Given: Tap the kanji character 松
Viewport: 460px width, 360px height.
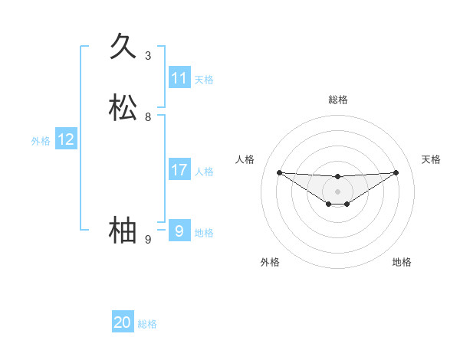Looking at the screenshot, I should (x=123, y=108).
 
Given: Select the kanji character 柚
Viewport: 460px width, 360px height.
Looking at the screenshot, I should (x=123, y=231).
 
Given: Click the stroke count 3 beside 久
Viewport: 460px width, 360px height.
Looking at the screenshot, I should (x=148, y=56).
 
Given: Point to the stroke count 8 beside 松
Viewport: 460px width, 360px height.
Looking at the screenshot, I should (x=148, y=117).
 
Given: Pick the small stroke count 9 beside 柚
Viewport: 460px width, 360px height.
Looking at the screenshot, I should (x=148, y=240).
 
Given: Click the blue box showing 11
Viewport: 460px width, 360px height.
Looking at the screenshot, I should (x=179, y=78).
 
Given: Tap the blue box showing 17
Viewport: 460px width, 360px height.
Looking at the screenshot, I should (x=179, y=170).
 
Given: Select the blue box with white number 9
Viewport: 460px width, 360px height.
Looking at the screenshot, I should (x=179, y=231).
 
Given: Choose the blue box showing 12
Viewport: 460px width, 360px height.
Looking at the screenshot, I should (x=66, y=139).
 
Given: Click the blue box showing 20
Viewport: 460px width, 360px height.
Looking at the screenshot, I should (x=123, y=322).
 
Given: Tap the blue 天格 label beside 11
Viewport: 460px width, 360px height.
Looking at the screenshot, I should (x=204, y=80).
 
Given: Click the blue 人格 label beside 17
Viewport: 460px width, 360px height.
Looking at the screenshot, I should (x=204, y=172).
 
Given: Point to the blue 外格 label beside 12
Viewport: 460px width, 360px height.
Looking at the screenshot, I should (x=41, y=141).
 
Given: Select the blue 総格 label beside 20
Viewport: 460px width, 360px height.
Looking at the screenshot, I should (x=147, y=324).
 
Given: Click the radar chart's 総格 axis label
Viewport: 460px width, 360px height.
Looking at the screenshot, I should (x=337, y=100).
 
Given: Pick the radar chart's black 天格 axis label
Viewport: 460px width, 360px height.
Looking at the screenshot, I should (x=432, y=159).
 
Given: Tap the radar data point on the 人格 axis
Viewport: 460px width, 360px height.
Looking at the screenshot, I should (x=279, y=172).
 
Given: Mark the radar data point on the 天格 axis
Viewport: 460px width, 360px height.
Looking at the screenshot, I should (x=396, y=172).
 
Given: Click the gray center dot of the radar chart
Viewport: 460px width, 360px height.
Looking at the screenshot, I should (x=337, y=191).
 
